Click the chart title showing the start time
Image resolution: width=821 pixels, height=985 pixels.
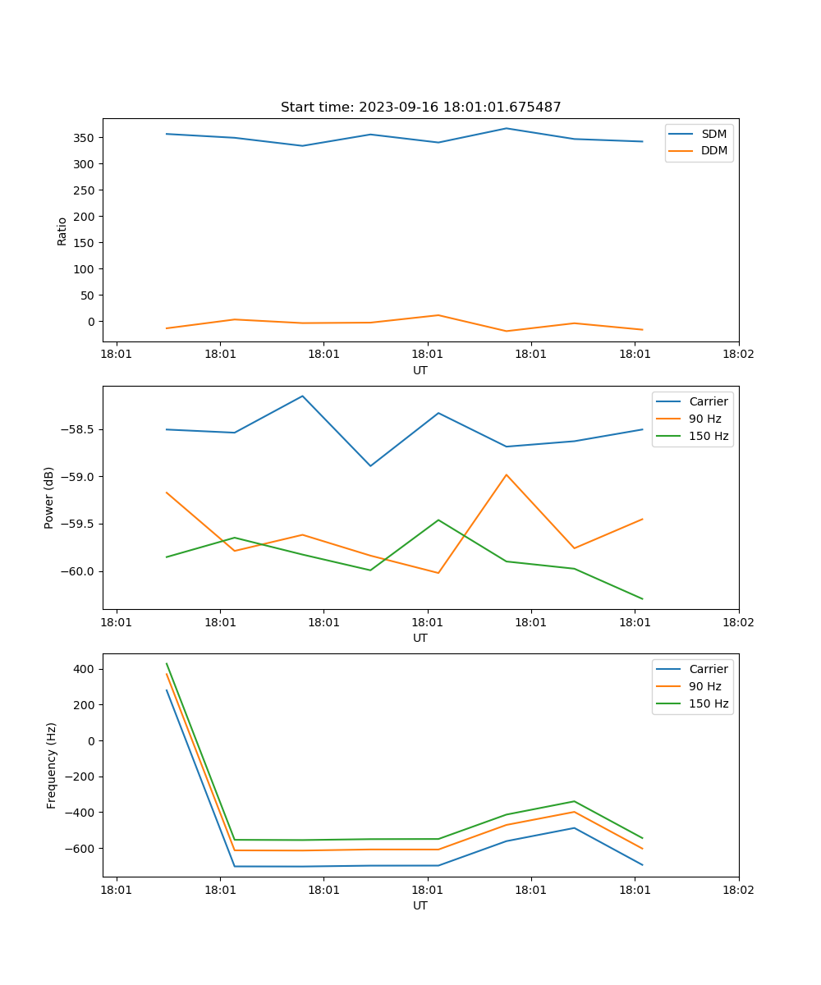pyautogui.click(x=420, y=108)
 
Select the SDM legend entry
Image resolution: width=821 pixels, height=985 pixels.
pyautogui.click(x=713, y=134)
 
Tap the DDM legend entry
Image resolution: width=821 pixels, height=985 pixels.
pyautogui.click(x=713, y=151)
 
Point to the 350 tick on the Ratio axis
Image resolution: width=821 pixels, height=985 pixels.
pyautogui.click(x=85, y=138)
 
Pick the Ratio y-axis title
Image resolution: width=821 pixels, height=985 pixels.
pyautogui.click(x=62, y=231)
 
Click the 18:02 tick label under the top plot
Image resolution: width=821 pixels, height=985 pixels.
pyautogui.click(x=738, y=355)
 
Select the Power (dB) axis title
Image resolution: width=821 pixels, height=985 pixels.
pyautogui.click(x=49, y=497)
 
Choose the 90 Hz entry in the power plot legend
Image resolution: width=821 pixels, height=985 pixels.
pyautogui.click(x=704, y=419)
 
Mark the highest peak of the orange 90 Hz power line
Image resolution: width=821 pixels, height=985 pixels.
pyautogui.click(x=507, y=474)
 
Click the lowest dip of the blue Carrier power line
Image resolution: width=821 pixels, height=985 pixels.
pyautogui.click(x=370, y=466)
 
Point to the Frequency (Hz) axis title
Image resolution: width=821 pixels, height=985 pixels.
pyautogui.click(x=52, y=765)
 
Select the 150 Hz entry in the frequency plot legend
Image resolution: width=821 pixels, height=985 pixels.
pyautogui.click(x=709, y=703)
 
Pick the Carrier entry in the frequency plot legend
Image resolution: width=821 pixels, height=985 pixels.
pyautogui.click(x=708, y=669)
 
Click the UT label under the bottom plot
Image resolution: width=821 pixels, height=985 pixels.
pyautogui.click(x=420, y=906)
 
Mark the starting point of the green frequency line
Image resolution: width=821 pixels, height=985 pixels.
pyautogui.click(x=167, y=663)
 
